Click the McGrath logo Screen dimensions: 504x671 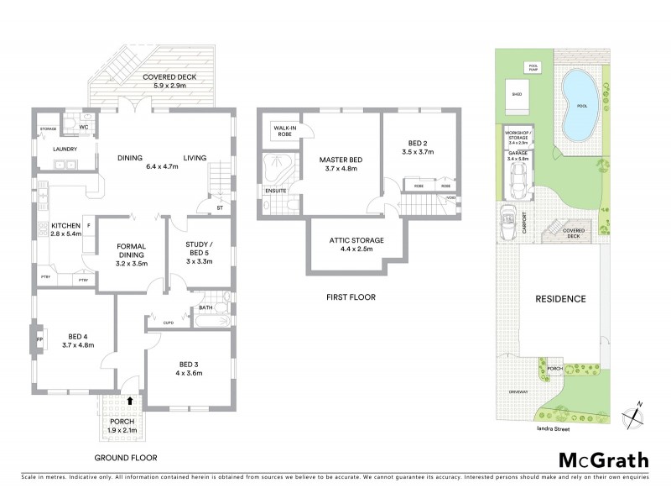(x=604, y=459)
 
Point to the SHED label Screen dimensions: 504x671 (x=517, y=94)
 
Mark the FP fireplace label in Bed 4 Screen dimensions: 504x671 (x=39, y=339)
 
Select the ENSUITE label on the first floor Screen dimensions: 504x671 (x=275, y=191)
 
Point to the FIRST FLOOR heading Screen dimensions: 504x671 (x=351, y=297)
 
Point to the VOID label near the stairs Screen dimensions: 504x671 (x=451, y=198)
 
